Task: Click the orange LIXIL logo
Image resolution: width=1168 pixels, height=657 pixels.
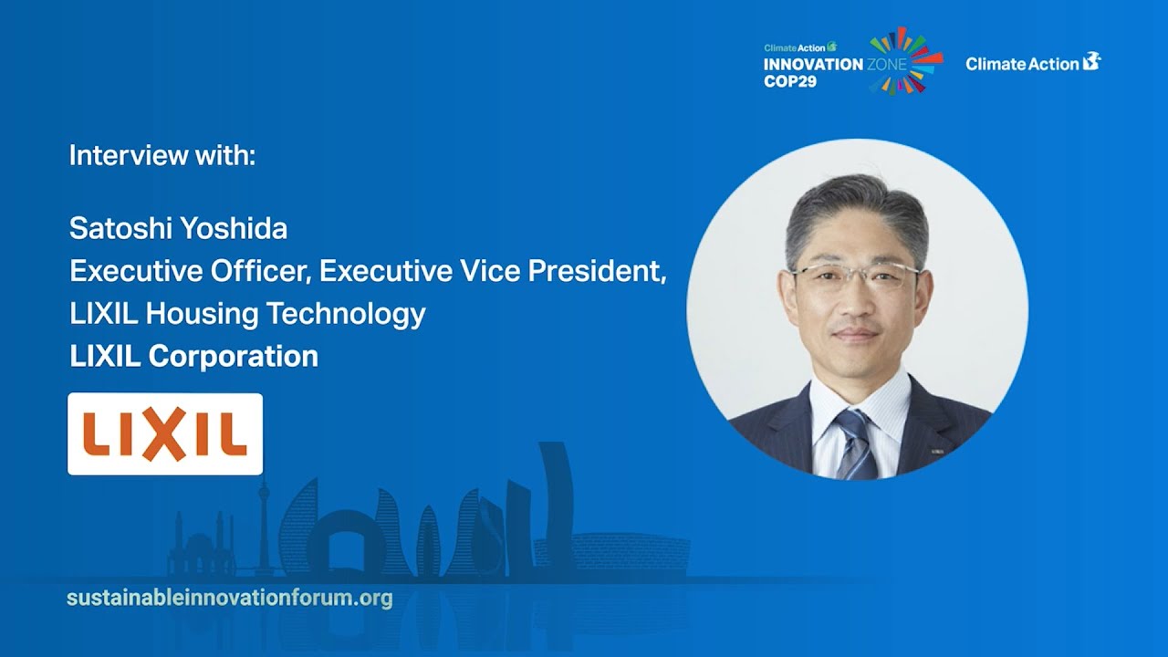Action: click(165, 434)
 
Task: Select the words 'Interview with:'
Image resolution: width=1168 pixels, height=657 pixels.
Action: click(162, 155)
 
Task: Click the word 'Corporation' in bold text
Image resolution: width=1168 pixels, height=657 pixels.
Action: click(233, 356)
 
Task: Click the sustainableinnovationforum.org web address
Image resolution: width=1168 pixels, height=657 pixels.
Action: click(230, 599)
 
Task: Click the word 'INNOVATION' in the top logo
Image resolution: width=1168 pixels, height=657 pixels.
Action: click(813, 65)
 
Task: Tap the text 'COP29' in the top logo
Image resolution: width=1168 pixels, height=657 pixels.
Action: click(790, 81)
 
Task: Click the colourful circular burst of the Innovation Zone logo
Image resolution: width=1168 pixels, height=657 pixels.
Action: click(903, 60)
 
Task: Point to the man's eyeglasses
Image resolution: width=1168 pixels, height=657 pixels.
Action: click(855, 276)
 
